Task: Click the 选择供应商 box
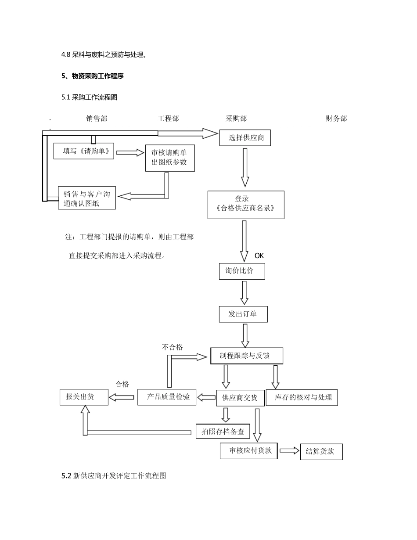point(245,138)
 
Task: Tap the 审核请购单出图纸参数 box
point(169,158)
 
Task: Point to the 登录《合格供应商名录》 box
point(245,204)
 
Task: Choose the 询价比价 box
point(242,271)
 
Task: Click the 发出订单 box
point(243,314)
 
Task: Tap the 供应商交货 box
point(240,398)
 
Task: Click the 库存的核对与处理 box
point(302,397)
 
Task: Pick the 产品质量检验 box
point(167,397)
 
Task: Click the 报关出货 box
point(83,397)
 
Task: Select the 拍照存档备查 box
point(223,432)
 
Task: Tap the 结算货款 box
point(321,451)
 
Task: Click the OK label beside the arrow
point(259,256)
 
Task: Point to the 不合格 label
point(172,347)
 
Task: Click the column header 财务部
point(336,119)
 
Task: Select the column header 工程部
point(168,119)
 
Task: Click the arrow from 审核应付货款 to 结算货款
point(288,450)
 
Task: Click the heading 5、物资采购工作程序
point(93,76)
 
